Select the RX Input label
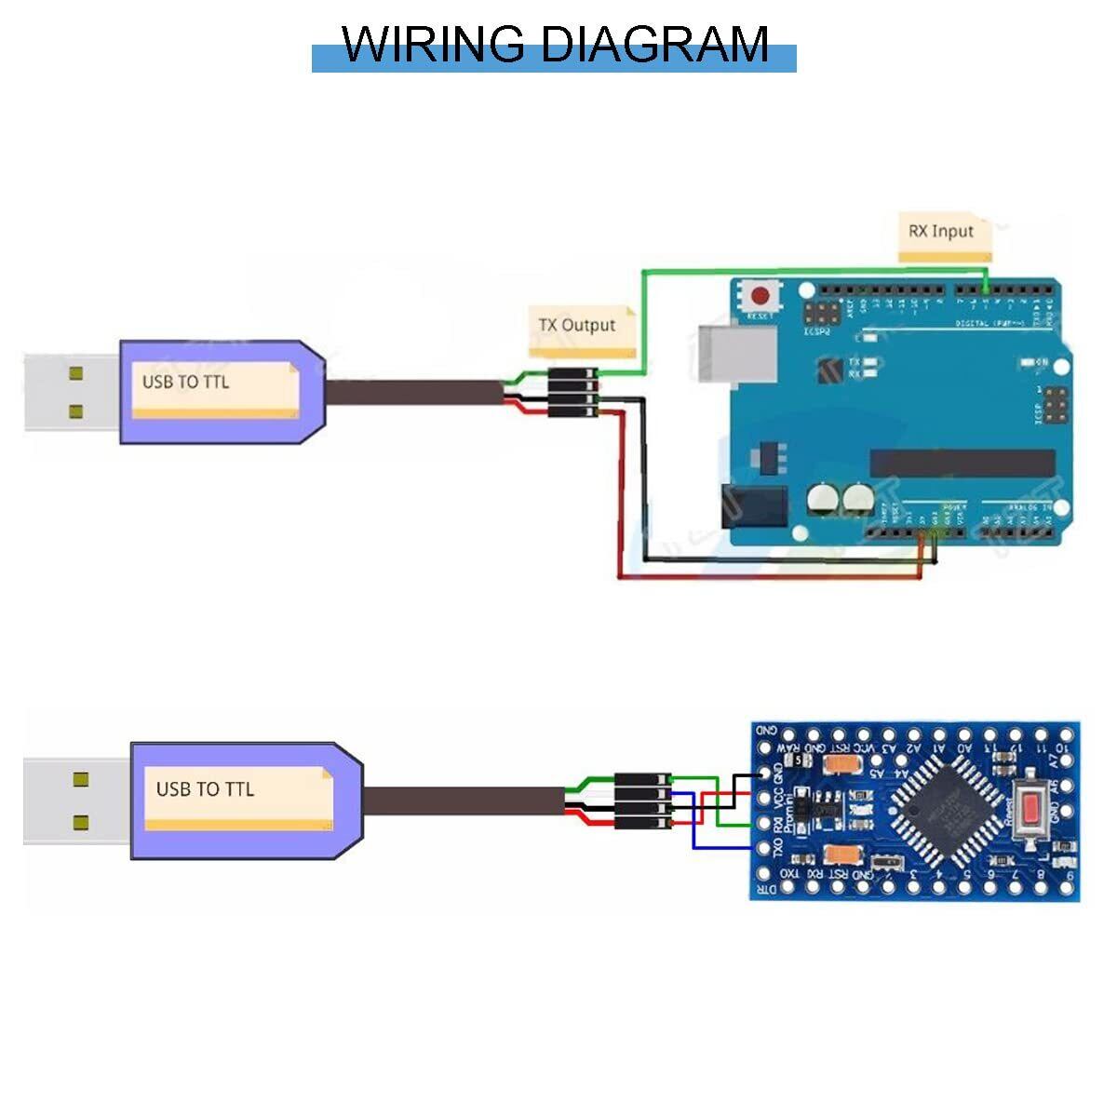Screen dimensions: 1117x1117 [941, 231]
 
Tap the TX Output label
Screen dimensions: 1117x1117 [577, 325]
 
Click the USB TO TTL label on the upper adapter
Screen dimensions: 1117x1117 [185, 382]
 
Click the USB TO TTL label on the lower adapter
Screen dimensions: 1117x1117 [205, 789]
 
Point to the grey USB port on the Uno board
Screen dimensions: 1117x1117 [736, 353]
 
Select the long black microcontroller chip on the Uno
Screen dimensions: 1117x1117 [962, 463]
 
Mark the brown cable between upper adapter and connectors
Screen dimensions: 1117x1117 [410, 392]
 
